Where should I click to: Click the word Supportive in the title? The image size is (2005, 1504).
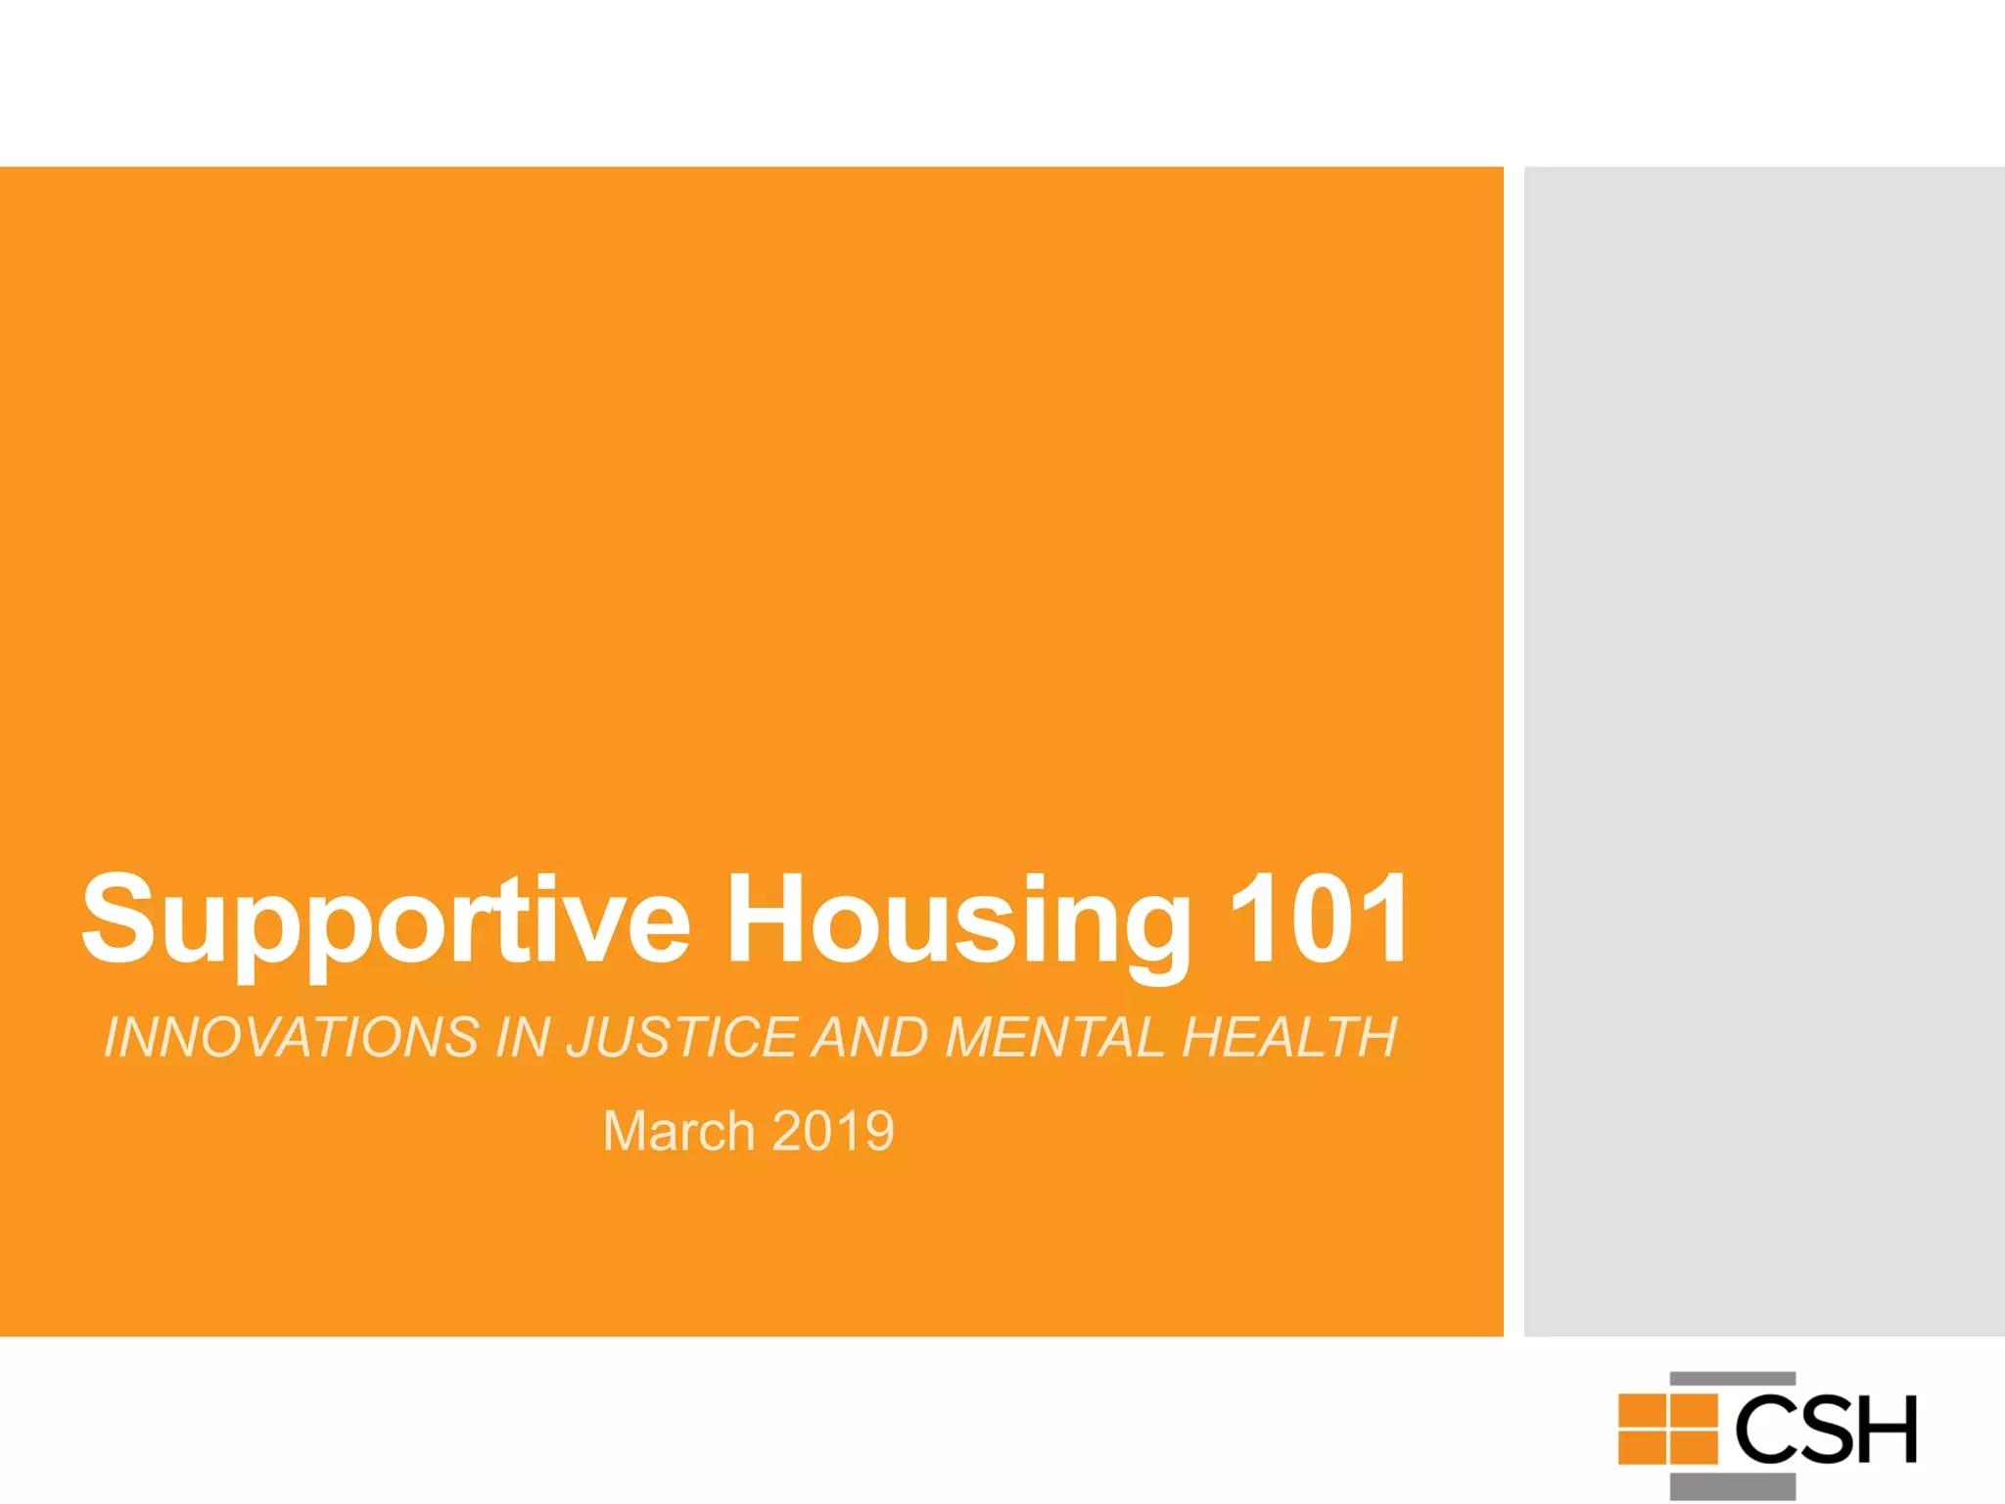coord(386,921)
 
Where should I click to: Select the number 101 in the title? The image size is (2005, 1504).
coord(1318,919)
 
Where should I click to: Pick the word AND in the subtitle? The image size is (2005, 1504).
coord(870,1038)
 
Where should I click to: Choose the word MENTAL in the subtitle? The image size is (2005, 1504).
coord(1055,1038)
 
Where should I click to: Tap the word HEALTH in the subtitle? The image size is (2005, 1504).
coord(1290,1038)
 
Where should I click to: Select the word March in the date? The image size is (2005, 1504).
coord(678,1132)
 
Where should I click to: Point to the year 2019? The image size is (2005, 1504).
coord(833,1132)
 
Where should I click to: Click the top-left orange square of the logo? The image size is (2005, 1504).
coord(1642,1411)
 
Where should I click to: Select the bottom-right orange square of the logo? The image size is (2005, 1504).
coord(1694,1447)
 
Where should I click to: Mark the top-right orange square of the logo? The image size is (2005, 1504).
coord(1694,1411)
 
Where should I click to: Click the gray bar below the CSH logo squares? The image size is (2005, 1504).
coord(1733,1485)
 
